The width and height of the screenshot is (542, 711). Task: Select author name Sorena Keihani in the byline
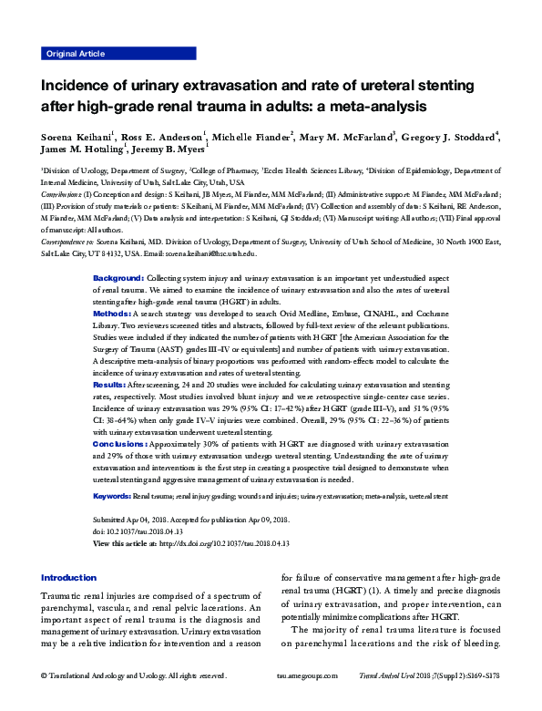(x=74, y=138)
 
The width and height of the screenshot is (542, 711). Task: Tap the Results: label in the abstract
(x=112, y=386)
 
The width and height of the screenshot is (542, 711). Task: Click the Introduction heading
(x=69, y=578)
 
